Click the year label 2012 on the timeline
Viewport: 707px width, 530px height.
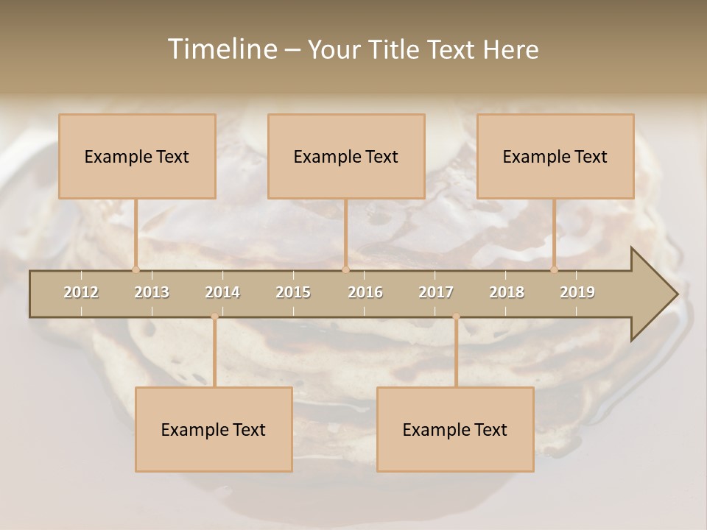[x=81, y=292]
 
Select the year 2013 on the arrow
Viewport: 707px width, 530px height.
[x=152, y=292]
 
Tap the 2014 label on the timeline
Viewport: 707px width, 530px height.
[x=222, y=292]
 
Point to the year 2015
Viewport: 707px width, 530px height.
[x=293, y=292]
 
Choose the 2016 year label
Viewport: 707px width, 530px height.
[x=365, y=292]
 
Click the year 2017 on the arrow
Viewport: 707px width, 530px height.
[x=436, y=292]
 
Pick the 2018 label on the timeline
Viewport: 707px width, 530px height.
[x=507, y=292]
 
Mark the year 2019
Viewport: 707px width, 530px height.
[x=577, y=292]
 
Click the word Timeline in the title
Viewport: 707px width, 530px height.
[x=222, y=49]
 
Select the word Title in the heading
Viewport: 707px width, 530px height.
[x=395, y=49]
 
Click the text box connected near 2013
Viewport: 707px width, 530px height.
[x=137, y=156]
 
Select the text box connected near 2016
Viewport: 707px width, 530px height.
[x=346, y=156]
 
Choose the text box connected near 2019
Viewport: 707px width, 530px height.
[x=555, y=156]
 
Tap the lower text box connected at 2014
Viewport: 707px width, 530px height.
[x=214, y=429]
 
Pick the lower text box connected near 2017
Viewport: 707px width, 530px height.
[x=455, y=429]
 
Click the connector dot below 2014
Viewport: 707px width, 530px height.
[x=214, y=317]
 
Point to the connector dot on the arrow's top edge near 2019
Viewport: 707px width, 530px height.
[x=555, y=269]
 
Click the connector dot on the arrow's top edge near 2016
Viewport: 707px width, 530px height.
[x=345, y=269]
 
